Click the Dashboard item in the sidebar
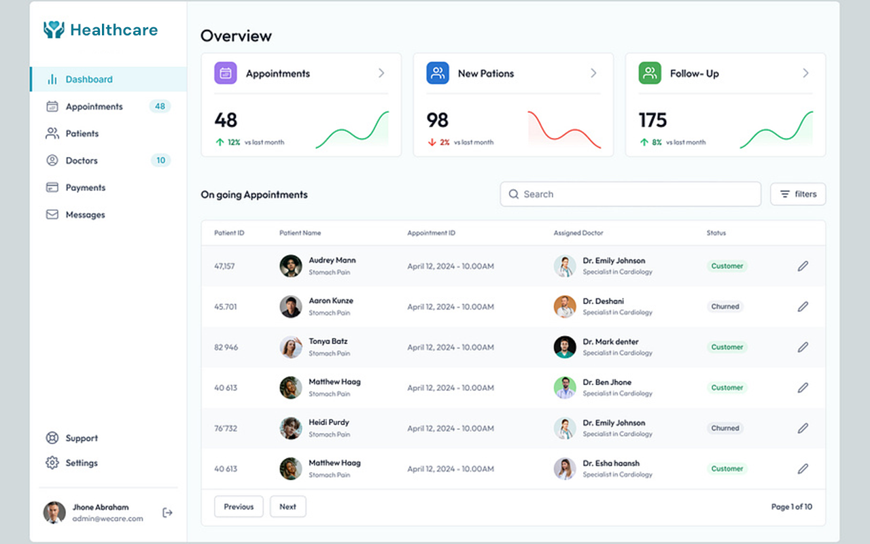(x=88, y=80)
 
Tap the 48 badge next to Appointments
(x=160, y=106)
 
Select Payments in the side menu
(x=85, y=188)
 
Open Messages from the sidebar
(x=85, y=215)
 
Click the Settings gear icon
(x=52, y=463)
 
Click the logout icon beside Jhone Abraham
(x=167, y=513)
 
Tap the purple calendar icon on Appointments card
(x=226, y=73)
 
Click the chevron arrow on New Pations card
(x=593, y=73)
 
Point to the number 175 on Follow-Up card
(x=652, y=120)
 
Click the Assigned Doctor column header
(x=578, y=233)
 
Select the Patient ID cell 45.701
(x=226, y=307)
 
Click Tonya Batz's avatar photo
(x=291, y=347)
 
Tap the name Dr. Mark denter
(x=610, y=342)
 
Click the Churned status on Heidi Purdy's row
(x=725, y=428)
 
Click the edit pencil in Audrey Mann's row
(x=803, y=267)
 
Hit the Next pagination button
(x=288, y=507)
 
